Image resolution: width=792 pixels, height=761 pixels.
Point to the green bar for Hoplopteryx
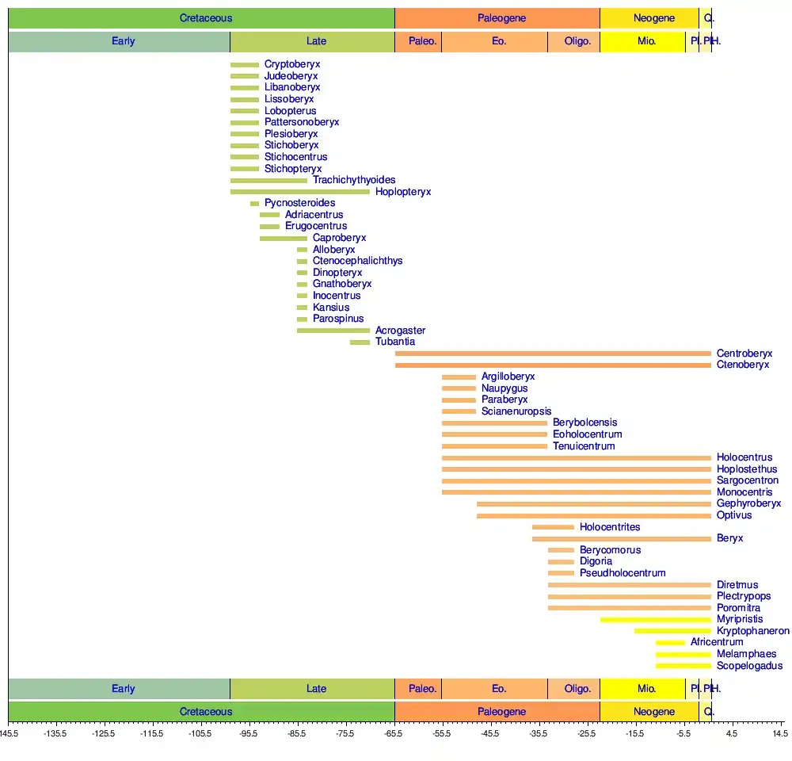click(x=300, y=192)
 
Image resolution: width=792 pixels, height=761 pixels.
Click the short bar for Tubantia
click(x=360, y=342)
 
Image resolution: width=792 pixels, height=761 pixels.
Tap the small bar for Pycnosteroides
click(x=255, y=204)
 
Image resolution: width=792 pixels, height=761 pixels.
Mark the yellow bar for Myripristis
click(x=655, y=620)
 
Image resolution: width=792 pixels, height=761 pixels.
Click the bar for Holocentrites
click(x=553, y=527)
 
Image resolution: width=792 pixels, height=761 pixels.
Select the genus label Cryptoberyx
click(x=292, y=64)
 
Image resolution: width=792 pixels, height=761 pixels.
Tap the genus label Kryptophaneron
click(x=752, y=631)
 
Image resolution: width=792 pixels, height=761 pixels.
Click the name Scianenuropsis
click(x=516, y=411)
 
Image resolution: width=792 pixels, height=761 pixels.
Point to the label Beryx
click(x=730, y=539)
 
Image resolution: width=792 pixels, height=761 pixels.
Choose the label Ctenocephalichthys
click(x=357, y=261)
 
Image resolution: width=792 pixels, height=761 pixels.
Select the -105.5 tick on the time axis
click(x=200, y=734)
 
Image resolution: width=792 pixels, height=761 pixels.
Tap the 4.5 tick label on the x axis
click(x=732, y=734)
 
